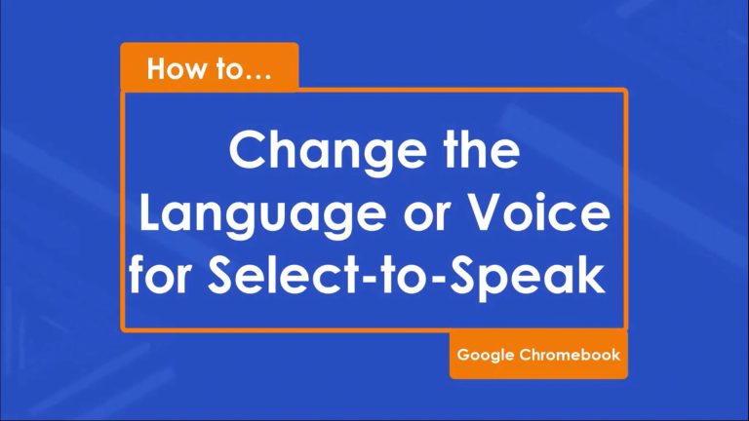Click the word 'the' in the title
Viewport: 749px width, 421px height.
(481, 149)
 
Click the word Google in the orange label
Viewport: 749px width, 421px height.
(486, 356)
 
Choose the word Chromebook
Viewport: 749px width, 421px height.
(570, 355)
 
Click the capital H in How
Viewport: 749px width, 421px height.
(157, 69)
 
